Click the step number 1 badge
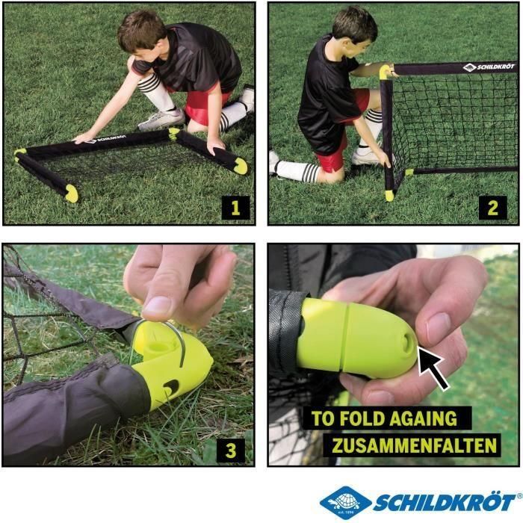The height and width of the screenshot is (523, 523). (235, 207)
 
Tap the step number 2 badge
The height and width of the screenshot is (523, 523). (492, 207)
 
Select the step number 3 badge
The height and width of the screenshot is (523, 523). (232, 450)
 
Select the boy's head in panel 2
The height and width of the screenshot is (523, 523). (352, 31)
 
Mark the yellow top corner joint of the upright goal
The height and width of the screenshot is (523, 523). (386, 72)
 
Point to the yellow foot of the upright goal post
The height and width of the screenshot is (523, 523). (389, 194)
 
